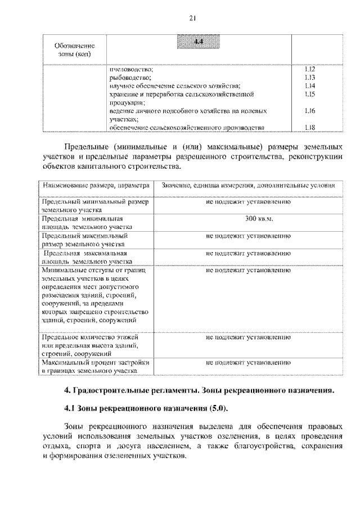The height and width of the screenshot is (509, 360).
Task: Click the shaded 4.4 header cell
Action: point(197,42)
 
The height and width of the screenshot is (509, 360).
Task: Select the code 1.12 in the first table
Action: point(308,69)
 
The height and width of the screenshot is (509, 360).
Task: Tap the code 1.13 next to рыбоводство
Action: point(308,77)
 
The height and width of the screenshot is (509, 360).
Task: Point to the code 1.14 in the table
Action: point(308,85)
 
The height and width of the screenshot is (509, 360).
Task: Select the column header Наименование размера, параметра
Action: point(95,184)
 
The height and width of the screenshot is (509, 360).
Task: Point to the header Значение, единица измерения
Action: point(248,184)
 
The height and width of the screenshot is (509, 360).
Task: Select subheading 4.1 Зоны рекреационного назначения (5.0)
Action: point(147,408)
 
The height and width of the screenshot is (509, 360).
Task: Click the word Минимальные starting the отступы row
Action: point(62,271)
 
